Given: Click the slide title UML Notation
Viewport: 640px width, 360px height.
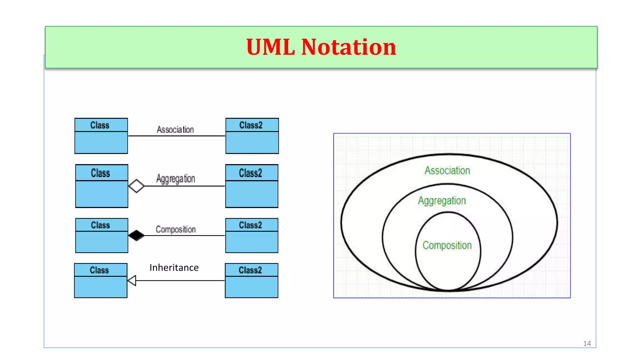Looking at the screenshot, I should (321, 47).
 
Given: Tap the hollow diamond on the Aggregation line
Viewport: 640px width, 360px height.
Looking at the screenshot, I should (136, 186).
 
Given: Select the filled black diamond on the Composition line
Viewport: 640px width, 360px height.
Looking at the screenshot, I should (136, 235).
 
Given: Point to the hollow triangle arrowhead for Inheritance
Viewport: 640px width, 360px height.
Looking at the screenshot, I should (132, 280).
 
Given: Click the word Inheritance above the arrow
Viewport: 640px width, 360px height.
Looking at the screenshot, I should (174, 268).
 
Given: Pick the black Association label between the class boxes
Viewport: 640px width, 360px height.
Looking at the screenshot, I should (175, 129).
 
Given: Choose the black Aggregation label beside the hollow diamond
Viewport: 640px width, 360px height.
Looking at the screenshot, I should (176, 179).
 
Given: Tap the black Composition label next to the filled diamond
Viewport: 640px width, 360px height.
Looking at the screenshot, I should (176, 229).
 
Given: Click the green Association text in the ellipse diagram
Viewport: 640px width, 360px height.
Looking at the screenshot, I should (447, 171).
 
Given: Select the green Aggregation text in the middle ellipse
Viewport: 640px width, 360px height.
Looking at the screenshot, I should (442, 201).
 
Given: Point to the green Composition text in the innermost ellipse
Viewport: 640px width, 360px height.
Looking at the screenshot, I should (447, 245).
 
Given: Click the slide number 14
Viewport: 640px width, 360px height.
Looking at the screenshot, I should (587, 344).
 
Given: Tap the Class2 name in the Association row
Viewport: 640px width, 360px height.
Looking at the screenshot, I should (251, 125).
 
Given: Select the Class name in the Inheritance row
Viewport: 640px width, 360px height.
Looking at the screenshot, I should (99, 270).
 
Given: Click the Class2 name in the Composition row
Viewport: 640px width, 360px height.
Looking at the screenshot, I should (251, 225).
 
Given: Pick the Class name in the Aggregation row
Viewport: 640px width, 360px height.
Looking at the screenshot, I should (101, 173).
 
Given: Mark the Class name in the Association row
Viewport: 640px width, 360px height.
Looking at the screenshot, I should (100, 125).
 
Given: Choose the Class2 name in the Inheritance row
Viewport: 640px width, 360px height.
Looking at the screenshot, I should (250, 270).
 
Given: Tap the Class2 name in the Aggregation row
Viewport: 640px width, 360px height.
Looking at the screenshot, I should (251, 173).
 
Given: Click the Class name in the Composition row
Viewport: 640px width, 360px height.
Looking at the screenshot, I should (101, 225).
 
